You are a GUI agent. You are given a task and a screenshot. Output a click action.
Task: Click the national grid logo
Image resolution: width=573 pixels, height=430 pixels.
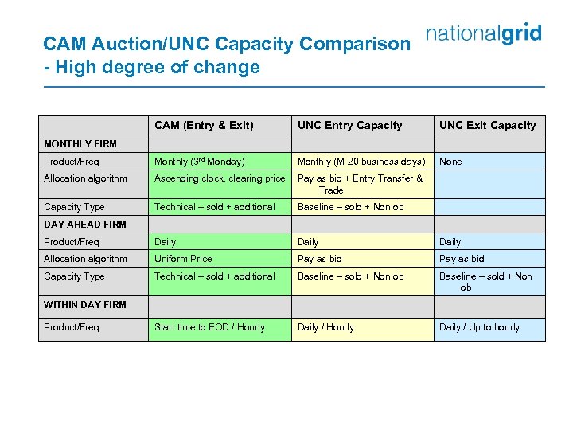pyautogui.click(x=484, y=34)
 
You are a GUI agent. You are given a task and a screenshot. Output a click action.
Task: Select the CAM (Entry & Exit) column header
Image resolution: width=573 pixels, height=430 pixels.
pyautogui.click(x=204, y=125)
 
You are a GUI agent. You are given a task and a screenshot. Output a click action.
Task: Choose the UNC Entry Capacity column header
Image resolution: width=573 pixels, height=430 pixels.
pyautogui.click(x=349, y=125)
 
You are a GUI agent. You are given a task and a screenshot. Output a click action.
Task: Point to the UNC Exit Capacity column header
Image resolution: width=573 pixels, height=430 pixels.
pyautogui.click(x=487, y=125)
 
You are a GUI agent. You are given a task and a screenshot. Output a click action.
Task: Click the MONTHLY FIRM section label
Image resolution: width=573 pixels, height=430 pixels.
pyautogui.click(x=80, y=144)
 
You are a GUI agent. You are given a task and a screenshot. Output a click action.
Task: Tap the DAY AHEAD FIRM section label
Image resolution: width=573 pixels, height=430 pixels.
pyautogui.click(x=85, y=225)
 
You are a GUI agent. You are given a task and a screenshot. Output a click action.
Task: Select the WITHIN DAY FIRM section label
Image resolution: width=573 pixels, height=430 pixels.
pyautogui.click(x=85, y=305)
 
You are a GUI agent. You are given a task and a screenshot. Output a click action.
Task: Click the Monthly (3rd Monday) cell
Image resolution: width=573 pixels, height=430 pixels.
pyautogui.click(x=199, y=162)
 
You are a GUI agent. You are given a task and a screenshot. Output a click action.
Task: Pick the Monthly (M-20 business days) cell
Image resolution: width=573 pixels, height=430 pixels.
pyautogui.click(x=361, y=162)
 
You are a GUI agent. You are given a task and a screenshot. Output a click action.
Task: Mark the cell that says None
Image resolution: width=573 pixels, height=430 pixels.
pyautogui.click(x=450, y=162)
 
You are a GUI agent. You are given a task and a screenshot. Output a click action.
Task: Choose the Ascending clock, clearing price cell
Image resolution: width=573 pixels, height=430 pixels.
pyautogui.click(x=219, y=178)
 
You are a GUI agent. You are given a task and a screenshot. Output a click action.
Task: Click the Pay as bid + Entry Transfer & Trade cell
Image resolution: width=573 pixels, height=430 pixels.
pyautogui.click(x=360, y=184)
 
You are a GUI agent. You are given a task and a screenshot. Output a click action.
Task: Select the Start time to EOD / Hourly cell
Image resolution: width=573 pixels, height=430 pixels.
pyautogui.click(x=209, y=327)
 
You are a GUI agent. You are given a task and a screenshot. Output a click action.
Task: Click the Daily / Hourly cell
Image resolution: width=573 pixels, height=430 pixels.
pyautogui.click(x=325, y=327)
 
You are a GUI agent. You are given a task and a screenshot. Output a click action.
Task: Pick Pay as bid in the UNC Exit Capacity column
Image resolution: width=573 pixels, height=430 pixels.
pyautogui.click(x=462, y=259)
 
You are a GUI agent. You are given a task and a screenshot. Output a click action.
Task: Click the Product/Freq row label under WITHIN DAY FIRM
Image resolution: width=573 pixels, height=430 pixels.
pyautogui.click(x=72, y=327)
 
